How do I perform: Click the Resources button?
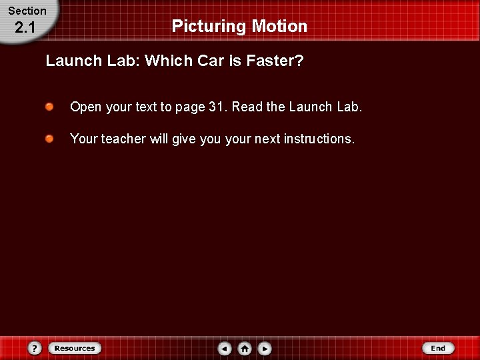[x=75, y=348]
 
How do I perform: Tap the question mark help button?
[x=35, y=348]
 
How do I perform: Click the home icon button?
[x=245, y=348]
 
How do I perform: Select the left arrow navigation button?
[x=225, y=348]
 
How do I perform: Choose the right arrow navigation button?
[x=265, y=348]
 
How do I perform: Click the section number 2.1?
[x=25, y=27]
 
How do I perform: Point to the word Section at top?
[x=27, y=11]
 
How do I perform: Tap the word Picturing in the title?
[x=209, y=26]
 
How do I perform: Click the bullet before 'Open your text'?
[x=50, y=106]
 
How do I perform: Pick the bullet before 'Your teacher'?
[x=50, y=138]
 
